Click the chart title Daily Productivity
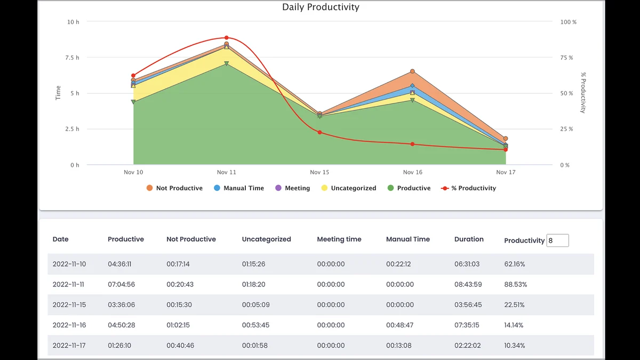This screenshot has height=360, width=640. tap(321, 7)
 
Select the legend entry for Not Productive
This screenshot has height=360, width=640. tap(174, 188)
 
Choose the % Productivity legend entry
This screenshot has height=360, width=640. tap(469, 188)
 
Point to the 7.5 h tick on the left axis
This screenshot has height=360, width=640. tap(72, 58)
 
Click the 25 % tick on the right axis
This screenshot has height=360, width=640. tap(567, 129)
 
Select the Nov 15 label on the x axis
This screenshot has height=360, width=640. tap(319, 172)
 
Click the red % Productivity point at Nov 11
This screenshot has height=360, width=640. tap(226, 38)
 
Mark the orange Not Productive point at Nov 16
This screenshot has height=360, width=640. tap(412, 71)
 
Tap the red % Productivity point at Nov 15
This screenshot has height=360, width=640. tap(319, 132)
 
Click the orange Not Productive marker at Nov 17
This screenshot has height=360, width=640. tap(506, 139)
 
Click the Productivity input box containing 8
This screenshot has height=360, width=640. tap(557, 241)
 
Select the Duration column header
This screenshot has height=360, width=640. tap(469, 239)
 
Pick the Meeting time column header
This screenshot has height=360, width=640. tap(339, 239)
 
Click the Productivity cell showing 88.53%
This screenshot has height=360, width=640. tap(515, 285)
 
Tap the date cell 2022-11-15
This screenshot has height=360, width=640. tap(69, 305)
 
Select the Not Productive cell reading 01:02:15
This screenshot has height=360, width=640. tap(178, 325)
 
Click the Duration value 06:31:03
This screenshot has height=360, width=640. tap(467, 264)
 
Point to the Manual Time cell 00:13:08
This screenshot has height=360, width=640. tap(399, 346)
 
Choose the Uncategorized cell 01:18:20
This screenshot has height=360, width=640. tap(253, 285)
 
